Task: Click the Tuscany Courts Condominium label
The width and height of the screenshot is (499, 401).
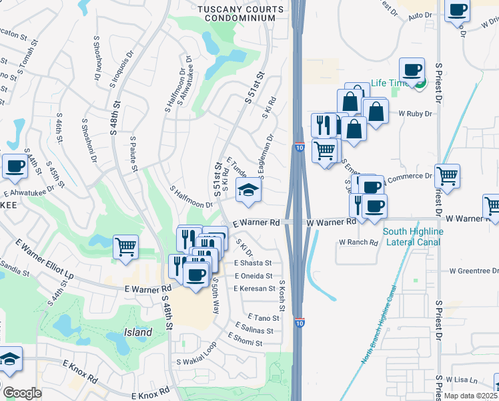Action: click(236, 13)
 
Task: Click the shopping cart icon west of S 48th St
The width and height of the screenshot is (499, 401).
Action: click(125, 247)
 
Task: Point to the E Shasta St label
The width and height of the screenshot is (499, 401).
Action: click(254, 263)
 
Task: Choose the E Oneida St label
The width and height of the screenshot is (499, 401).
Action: click(254, 275)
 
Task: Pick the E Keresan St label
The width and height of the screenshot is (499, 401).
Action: click(255, 288)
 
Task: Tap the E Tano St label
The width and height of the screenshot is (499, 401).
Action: click(263, 317)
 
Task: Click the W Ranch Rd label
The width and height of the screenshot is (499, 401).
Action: click(358, 242)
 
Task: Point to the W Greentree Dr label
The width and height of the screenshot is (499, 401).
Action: click(474, 271)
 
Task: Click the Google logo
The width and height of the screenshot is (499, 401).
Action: click(22, 393)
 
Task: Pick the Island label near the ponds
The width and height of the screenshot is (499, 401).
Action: click(138, 332)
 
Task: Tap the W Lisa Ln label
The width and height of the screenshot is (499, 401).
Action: click(464, 380)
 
